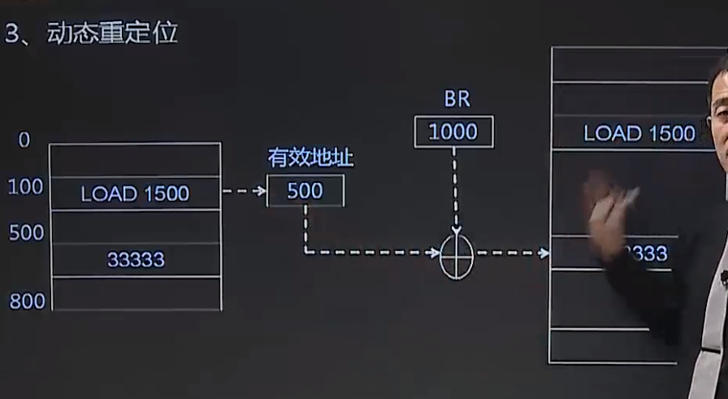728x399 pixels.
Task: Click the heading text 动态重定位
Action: [x=113, y=34]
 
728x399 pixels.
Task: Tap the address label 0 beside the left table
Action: [x=24, y=140]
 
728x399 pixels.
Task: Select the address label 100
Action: [x=25, y=188]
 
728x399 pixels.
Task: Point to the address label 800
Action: [x=27, y=301]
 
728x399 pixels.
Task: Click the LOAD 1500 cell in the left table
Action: [x=135, y=193]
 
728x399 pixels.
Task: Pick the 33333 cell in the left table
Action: [x=135, y=259]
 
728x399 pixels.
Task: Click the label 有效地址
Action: [x=310, y=158]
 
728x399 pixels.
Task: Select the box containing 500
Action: [x=305, y=191]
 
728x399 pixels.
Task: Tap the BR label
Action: [x=457, y=100]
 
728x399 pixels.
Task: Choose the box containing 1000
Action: [x=453, y=132]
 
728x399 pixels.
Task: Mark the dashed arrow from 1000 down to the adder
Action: [x=455, y=191]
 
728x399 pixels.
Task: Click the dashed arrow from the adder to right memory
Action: [x=512, y=254]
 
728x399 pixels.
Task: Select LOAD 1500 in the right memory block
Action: [x=639, y=133]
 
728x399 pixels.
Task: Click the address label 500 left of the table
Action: [x=27, y=233]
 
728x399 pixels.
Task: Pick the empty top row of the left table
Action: [x=135, y=160]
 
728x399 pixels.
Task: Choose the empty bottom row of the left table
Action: [x=135, y=293]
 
